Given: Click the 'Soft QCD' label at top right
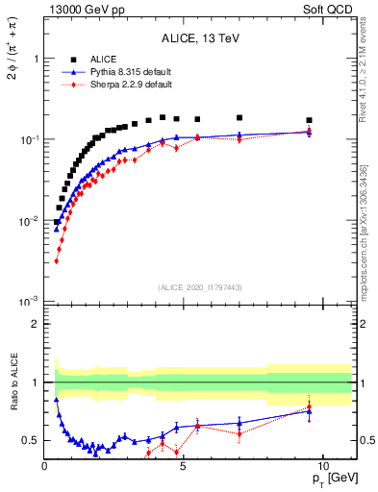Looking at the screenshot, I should pos(332,9).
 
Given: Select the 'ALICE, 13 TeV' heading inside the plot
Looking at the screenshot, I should pos(200,38).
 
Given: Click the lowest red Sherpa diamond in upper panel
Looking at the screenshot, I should pos(57,260).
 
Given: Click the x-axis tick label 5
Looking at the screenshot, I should pos(184,464).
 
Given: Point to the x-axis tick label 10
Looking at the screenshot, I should pos(322,464).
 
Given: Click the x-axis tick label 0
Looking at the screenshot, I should pos(45,464).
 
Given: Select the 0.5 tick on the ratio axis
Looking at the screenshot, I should pos(31,440).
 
